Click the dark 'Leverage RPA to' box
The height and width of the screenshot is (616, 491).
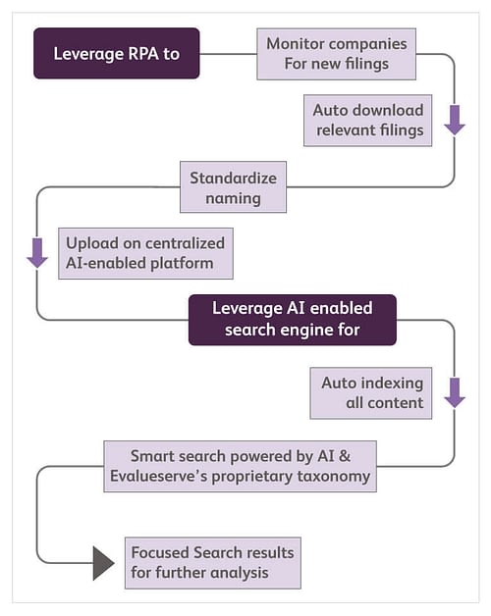tap(117, 53)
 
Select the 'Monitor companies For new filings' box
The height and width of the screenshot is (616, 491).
tap(337, 54)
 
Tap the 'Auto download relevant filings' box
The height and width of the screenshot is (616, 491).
tap(368, 121)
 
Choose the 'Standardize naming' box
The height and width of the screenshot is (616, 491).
tap(234, 187)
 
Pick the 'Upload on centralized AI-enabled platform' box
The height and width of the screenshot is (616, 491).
tap(145, 253)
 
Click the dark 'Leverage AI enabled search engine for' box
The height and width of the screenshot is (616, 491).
tap(293, 320)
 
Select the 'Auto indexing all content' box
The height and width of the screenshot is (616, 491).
tap(371, 393)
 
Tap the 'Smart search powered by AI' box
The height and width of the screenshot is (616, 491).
tap(240, 466)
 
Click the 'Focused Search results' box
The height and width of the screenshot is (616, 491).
tap(213, 563)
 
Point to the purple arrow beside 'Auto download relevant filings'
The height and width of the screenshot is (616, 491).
tap(455, 120)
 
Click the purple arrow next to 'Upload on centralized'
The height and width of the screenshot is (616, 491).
tap(37, 253)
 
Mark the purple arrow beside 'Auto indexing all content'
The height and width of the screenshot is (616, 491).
tap(455, 393)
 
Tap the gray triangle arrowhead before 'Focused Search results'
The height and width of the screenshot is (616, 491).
tap(103, 563)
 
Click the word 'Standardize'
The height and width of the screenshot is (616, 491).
tap(234, 178)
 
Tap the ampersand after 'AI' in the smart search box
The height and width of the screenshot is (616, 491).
tap(345, 456)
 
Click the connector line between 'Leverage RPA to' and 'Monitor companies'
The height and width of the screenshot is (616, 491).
tap(228, 54)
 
